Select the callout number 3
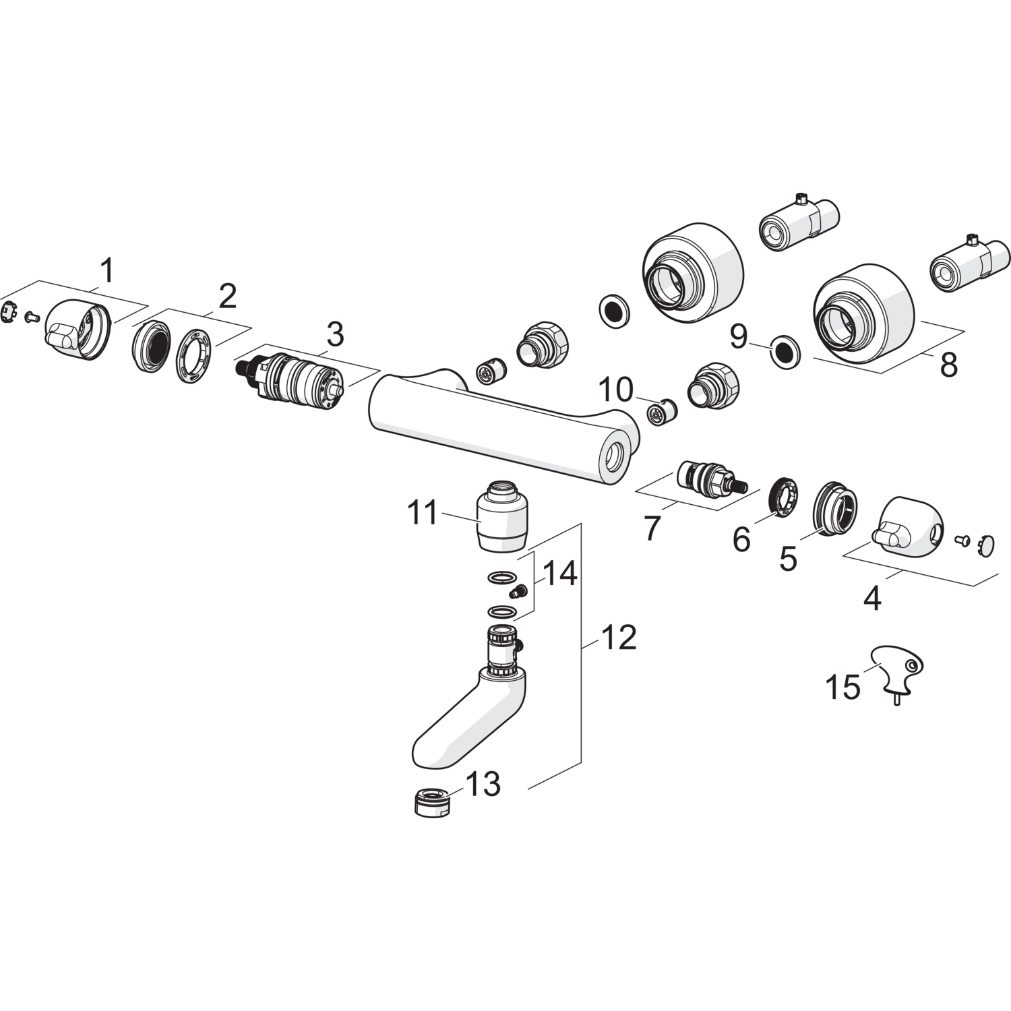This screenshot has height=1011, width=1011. [335, 335]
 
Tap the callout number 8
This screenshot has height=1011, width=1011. [948, 366]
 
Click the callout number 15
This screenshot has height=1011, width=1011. [843, 687]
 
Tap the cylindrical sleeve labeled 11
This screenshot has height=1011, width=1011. [502, 515]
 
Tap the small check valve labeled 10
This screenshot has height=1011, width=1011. [660, 412]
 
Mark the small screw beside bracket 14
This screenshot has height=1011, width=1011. [518, 592]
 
